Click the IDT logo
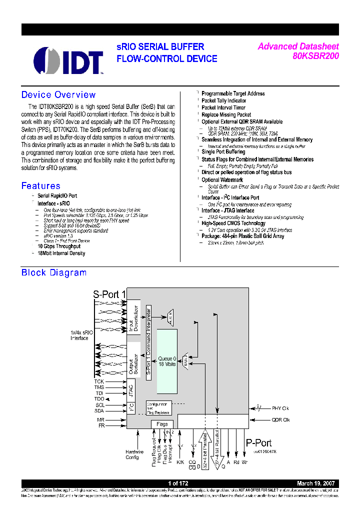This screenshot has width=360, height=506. click(x=68, y=60)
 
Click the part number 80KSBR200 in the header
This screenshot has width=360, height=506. click(x=315, y=56)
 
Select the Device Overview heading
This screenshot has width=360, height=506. click(x=58, y=95)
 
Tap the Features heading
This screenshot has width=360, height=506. click(x=40, y=186)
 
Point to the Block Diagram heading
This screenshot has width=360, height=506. click(x=53, y=272)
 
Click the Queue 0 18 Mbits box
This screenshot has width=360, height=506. click(x=167, y=361)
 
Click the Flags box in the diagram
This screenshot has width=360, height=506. click(x=162, y=424)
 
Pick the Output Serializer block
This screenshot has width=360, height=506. click(x=132, y=360)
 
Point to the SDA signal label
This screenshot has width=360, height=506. click(x=99, y=410)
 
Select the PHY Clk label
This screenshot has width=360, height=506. click(x=280, y=408)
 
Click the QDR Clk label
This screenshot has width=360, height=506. click(x=280, y=420)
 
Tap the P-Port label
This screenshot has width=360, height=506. click(x=258, y=442)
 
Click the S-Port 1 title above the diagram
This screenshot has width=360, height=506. click(x=109, y=294)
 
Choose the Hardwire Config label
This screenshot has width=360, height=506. click(x=134, y=454)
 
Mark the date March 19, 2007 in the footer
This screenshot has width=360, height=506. click(x=316, y=483)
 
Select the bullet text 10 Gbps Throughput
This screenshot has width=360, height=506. click(x=59, y=246)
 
